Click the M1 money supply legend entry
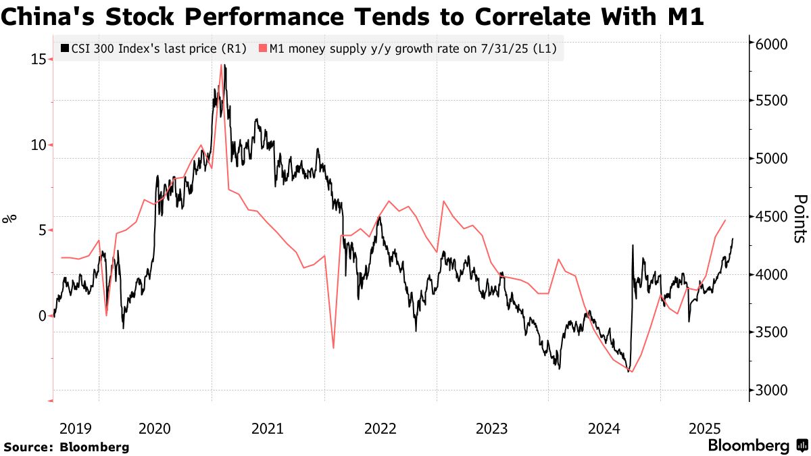pos(413,49)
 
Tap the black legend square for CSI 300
pos(64,49)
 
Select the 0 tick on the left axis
pos(43,315)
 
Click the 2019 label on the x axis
pos(75,428)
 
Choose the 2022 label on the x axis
pos(380,428)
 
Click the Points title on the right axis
pos(800,218)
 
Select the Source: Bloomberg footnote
pos(66,447)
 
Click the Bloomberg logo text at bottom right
pos(748,446)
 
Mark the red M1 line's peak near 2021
pos(221,66)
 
